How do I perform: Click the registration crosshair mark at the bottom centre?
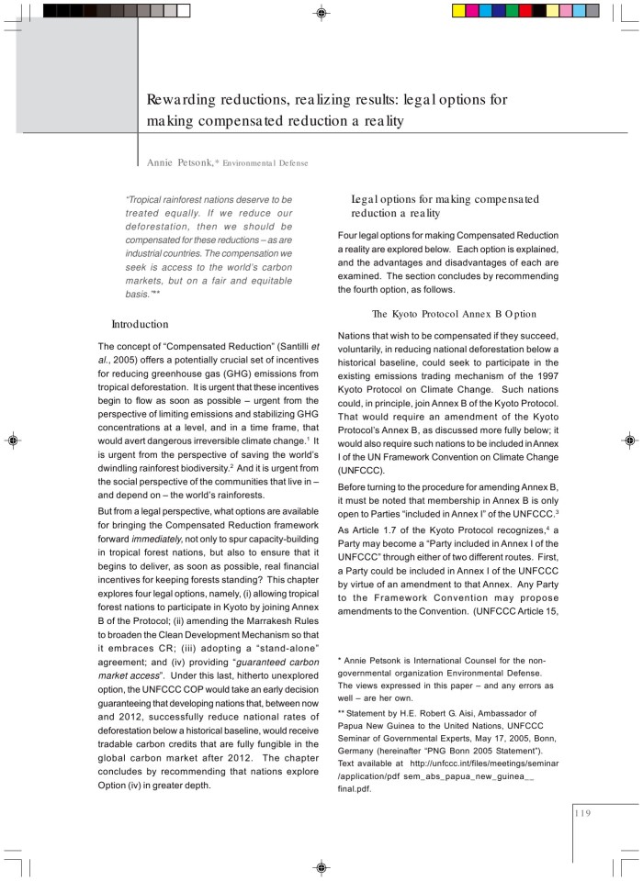321,867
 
